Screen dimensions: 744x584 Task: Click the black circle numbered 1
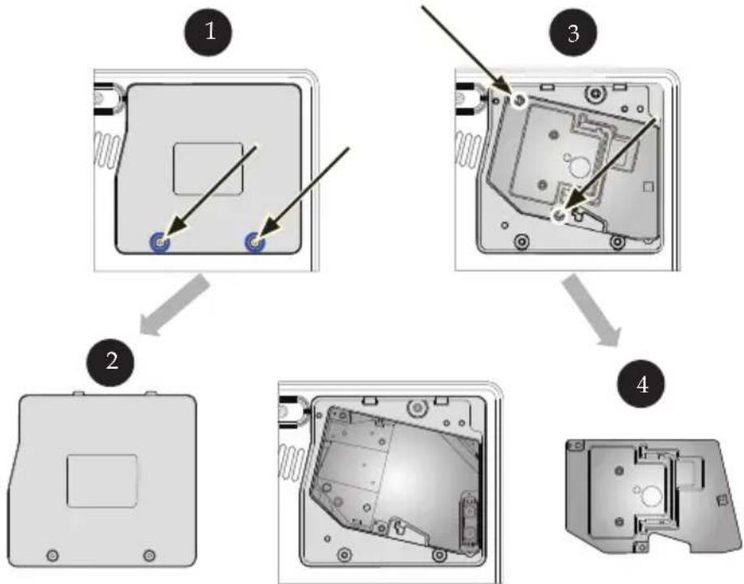[208, 32]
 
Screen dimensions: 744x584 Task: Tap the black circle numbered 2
[110, 361]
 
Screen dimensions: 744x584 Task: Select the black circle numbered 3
[573, 33]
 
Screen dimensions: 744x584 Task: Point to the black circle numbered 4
[642, 384]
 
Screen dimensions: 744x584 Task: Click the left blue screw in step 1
[160, 242]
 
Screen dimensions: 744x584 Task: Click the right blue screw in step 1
[254, 242]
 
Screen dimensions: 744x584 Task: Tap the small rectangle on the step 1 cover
[208, 168]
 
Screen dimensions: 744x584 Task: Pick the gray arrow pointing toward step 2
[174, 306]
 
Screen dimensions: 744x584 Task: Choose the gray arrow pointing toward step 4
[592, 310]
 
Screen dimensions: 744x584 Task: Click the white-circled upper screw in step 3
[520, 100]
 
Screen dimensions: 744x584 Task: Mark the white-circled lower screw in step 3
[560, 215]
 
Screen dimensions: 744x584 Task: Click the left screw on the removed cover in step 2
[53, 555]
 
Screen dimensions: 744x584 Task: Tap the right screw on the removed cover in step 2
[149, 555]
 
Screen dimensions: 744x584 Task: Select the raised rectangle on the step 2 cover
[102, 480]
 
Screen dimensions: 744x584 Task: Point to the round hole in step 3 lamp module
[579, 167]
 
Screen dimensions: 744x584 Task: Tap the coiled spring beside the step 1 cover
[108, 151]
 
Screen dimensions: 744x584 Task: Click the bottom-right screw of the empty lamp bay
[439, 555]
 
